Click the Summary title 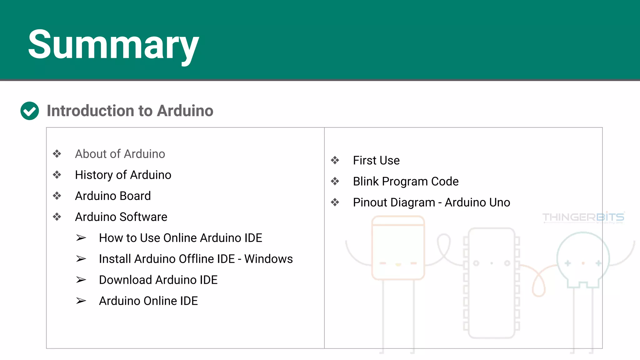pyautogui.click(x=113, y=44)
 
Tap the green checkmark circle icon pyautogui.click(x=30, y=111)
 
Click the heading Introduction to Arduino pyautogui.click(x=130, y=111)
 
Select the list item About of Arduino pyautogui.click(x=120, y=154)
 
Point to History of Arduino pyautogui.click(x=123, y=175)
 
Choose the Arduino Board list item pyautogui.click(x=113, y=196)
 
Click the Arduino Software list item pyautogui.click(x=121, y=217)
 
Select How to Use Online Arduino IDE pyautogui.click(x=180, y=238)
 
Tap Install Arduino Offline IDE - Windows pyautogui.click(x=196, y=259)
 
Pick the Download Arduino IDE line pyautogui.click(x=158, y=280)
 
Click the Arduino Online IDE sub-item pyautogui.click(x=148, y=301)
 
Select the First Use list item pyautogui.click(x=376, y=160)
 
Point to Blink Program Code pyautogui.click(x=406, y=181)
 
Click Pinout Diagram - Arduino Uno pyautogui.click(x=431, y=202)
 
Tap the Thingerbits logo pyautogui.click(x=583, y=217)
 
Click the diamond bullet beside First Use pyautogui.click(x=335, y=160)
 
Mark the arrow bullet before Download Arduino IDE pyautogui.click(x=81, y=280)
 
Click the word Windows pyautogui.click(x=268, y=259)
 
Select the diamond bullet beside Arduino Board pyautogui.click(x=57, y=196)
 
